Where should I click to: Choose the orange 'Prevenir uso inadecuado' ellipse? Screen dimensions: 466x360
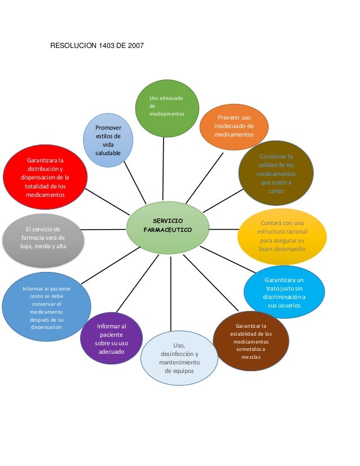point(234,126)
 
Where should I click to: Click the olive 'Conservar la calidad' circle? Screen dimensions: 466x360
point(275,173)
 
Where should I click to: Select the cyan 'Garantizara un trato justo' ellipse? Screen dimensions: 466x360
point(284,293)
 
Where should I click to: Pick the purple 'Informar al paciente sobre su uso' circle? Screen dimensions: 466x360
point(112,339)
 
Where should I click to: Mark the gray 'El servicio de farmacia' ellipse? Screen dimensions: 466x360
point(43,238)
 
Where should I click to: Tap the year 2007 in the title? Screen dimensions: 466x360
point(134,43)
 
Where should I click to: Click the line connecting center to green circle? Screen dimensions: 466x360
point(164,169)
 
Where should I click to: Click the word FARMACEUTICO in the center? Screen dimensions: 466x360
point(168,231)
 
